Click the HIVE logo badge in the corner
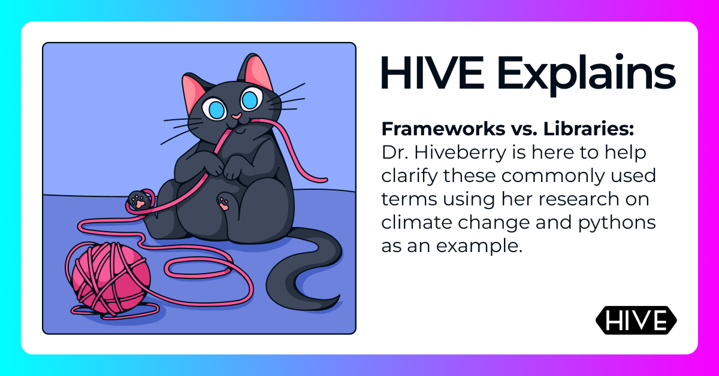(x=636, y=321)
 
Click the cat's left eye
(x=214, y=108)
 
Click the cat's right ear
(x=256, y=69)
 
